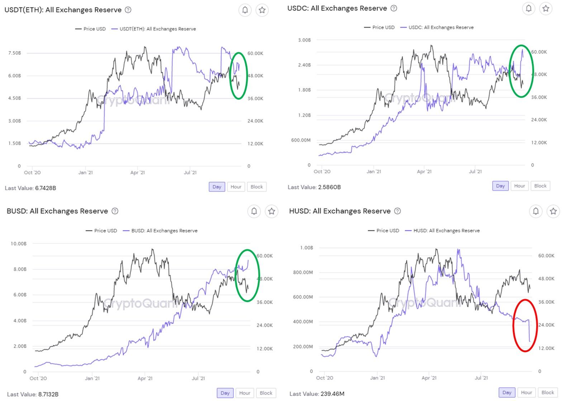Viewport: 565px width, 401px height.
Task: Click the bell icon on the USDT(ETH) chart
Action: [x=245, y=10]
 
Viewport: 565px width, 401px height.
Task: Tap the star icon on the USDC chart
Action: [x=546, y=8]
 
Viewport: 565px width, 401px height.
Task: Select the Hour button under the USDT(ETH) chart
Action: [x=236, y=187]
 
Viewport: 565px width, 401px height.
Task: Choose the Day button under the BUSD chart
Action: [x=225, y=393]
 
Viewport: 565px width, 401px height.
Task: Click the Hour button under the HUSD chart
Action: [x=526, y=392]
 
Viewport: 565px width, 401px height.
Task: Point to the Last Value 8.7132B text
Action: [x=33, y=394]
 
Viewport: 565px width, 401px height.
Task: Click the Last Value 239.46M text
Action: [x=317, y=394]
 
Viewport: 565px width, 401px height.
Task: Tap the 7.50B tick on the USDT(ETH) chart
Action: [x=14, y=53]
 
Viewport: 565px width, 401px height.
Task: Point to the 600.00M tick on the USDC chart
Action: [x=301, y=140]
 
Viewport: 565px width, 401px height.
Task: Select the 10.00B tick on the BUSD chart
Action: [x=19, y=244]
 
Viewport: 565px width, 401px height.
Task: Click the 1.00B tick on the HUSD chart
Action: [x=307, y=248]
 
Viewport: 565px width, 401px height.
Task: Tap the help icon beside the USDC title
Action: [x=394, y=8]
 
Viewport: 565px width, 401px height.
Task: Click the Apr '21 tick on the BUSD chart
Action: [x=145, y=378]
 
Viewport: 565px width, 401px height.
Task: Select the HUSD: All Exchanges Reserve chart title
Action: [x=340, y=211]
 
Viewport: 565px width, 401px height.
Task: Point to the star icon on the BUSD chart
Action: [x=271, y=211]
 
